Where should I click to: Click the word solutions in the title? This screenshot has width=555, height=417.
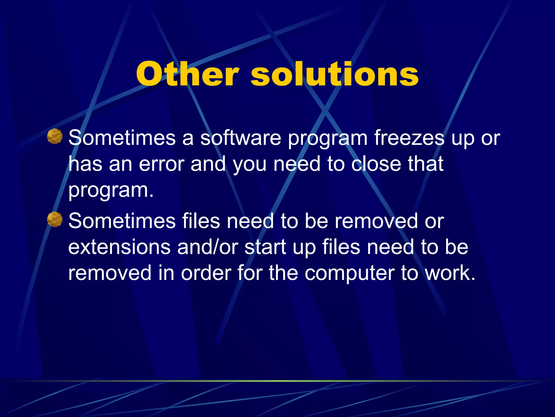(x=335, y=74)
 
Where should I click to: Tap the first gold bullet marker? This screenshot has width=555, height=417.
(x=55, y=136)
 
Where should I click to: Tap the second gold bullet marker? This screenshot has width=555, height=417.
(x=55, y=219)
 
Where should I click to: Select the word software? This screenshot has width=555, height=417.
(x=241, y=138)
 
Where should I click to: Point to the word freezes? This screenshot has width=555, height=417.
(x=409, y=138)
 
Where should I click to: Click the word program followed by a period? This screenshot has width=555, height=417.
(x=111, y=191)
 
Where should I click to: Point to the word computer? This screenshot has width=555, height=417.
(x=349, y=273)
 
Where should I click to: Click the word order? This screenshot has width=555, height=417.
(x=206, y=273)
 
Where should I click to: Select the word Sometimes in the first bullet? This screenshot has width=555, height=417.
(x=122, y=138)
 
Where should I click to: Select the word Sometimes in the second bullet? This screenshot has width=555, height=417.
(x=122, y=221)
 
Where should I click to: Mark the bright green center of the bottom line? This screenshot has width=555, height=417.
(x=277, y=381)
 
